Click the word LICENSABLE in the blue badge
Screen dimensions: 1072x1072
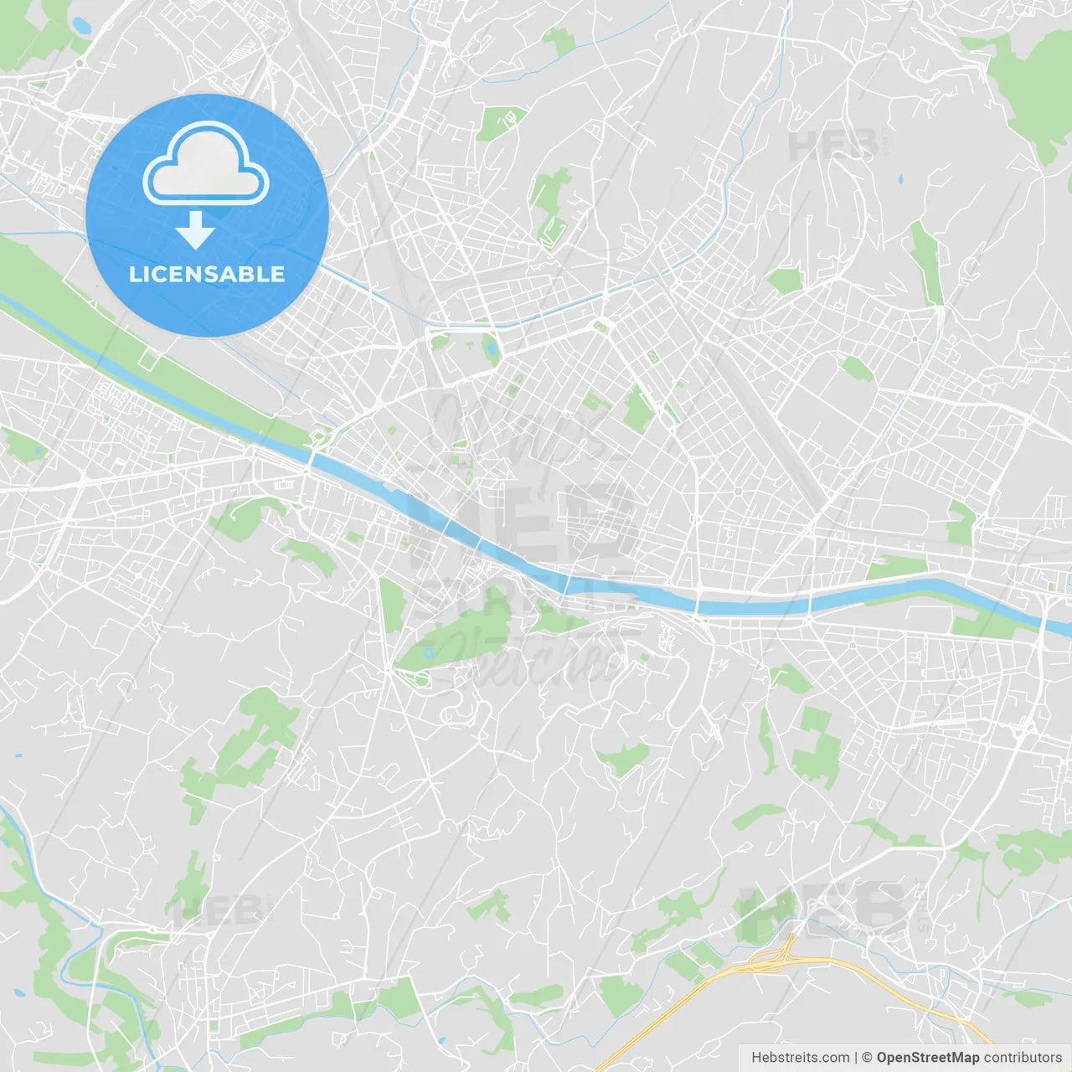tap(207, 275)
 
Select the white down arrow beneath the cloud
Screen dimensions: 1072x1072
tap(196, 230)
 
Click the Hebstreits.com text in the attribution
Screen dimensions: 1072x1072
tap(800, 1058)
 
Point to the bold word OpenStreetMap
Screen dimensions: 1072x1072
tap(927, 1058)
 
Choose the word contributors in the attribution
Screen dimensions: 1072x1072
tap(1023, 1058)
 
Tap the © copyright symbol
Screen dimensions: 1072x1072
tap(868, 1058)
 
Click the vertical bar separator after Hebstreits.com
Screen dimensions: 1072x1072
tap(856, 1058)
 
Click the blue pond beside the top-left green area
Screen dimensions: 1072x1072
tap(81, 25)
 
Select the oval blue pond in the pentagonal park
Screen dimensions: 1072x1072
tap(491, 346)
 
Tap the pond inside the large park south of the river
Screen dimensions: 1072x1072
tap(429, 652)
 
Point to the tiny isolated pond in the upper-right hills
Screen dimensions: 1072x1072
tap(900, 178)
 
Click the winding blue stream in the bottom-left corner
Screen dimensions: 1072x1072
tap(25, 846)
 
